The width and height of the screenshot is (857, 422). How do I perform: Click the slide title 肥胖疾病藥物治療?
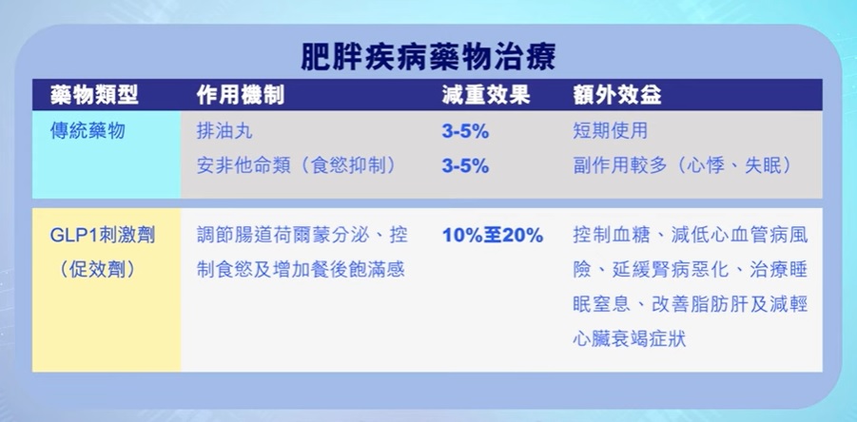(x=428, y=57)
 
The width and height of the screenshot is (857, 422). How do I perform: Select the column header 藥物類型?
(x=94, y=95)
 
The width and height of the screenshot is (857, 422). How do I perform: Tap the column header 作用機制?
(x=241, y=95)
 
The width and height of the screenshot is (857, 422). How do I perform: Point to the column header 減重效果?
(x=486, y=95)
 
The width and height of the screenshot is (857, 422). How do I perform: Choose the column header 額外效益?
(x=617, y=95)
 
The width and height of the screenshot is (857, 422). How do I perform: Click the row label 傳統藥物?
(x=88, y=131)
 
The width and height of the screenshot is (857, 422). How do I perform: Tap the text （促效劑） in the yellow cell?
(x=97, y=270)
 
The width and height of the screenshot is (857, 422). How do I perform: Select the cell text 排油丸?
(x=224, y=131)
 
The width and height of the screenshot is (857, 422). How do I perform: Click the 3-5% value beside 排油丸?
(x=465, y=132)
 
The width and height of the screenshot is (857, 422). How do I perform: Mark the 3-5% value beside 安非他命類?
(x=465, y=166)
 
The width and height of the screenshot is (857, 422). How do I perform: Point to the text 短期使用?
(x=610, y=131)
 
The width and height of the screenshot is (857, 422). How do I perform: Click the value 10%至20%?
(x=493, y=236)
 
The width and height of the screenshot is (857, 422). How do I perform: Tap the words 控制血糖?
(x=610, y=236)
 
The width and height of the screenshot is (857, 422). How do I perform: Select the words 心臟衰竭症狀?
(x=629, y=338)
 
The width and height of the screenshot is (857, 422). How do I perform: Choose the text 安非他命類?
(x=243, y=166)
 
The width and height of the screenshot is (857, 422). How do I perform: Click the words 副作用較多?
(x=620, y=166)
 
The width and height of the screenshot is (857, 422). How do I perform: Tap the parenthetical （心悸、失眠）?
(x=732, y=166)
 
